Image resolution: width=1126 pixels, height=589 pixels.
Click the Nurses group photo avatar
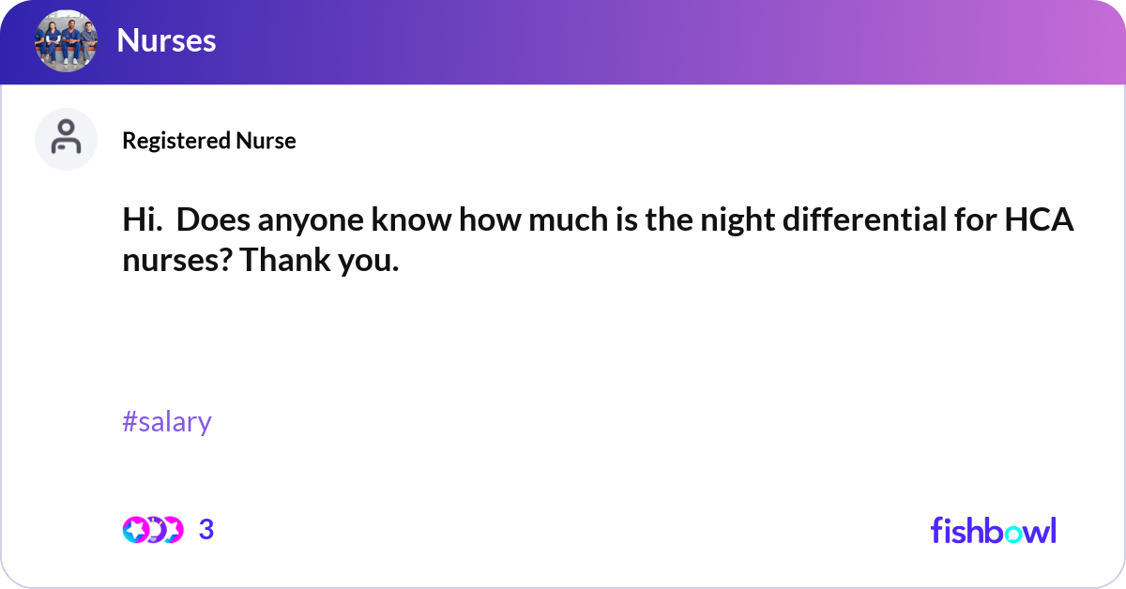coord(66,40)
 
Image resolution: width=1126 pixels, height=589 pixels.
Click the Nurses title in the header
coord(166,40)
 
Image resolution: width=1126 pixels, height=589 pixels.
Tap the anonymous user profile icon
coord(66,139)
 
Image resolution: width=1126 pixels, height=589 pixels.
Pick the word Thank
coord(281,261)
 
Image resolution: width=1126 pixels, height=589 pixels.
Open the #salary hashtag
coord(167,422)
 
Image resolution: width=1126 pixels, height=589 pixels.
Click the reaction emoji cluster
coord(152,530)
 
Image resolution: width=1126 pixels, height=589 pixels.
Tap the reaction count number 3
coord(206,530)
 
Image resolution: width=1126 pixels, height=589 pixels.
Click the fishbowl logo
coord(993,531)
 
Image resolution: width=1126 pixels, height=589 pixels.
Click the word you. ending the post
coord(366,261)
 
